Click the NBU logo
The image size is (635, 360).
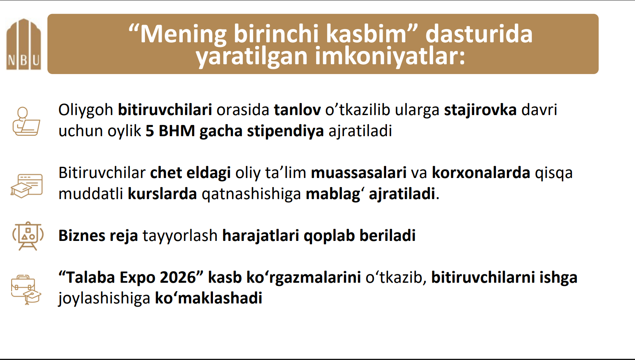pos(23,44)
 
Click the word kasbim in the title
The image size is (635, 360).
pos(366,34)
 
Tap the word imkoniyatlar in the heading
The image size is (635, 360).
pos(390,57)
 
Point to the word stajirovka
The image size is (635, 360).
pos(480,110)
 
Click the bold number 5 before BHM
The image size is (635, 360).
pos(150,131)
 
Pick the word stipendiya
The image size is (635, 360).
pos(285,131)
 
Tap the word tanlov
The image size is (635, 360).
pos(297,110)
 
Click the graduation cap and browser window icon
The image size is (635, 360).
pos(27,186)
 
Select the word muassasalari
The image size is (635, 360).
pos(359,172)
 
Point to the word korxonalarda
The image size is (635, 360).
pos(481,172)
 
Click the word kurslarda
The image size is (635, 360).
pos(162,194)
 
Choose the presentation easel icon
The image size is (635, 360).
pos(27,236)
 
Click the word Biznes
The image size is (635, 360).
pos(82,236)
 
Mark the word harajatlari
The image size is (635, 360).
pos(260,236)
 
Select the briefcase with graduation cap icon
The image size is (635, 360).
pos(26,290)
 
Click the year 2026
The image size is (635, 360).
pos(178,278)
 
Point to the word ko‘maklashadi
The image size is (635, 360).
pos(208,298)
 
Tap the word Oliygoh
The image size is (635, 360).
pos(86,110)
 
